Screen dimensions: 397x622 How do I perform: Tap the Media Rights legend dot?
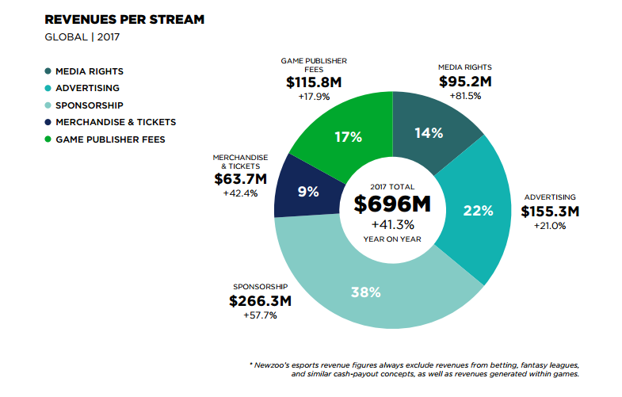pos(48,71)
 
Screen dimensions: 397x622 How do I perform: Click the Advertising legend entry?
pos(87,88)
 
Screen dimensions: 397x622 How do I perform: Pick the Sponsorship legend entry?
pos(89,105)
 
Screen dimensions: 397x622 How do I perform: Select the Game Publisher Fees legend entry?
pos(110,139)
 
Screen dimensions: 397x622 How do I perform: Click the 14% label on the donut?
pos(428,133)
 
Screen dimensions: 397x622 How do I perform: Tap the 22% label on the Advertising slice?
pos(479,211)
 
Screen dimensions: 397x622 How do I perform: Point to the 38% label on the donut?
pos(365,292)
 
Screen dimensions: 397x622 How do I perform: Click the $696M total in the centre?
pos(392,204)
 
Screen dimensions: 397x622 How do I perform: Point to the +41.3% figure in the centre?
pos(392,224)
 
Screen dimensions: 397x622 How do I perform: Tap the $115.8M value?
pos(313,82)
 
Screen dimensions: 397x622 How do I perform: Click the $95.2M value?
pos(465,82)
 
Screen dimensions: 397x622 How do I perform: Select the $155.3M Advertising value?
pos(550,212)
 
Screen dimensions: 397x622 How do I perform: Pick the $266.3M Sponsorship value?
pos(260,301)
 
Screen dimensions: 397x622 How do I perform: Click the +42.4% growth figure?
pos(240,193)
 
